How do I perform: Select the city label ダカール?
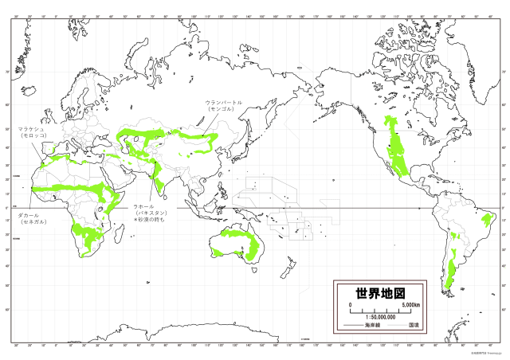click(x=32, y=215)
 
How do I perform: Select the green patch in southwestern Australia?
click(x=218, y=252)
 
